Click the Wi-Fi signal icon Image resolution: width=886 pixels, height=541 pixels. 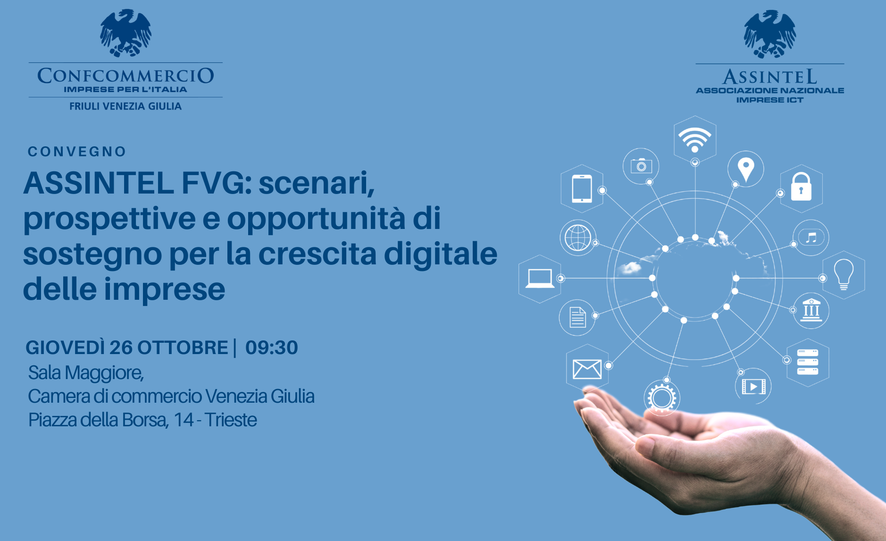[694, 139]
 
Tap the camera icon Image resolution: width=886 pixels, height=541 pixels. [641, 166]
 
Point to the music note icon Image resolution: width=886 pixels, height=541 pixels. [811, 237]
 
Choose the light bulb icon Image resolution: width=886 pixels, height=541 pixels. [844, 274]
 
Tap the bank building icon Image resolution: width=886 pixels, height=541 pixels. [811, 310]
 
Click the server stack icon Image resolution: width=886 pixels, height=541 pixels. [807, 362]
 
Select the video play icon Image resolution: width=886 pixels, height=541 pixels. [753, 387]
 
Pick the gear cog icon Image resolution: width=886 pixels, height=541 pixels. [661, 397]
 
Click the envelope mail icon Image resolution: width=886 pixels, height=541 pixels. [587, 369]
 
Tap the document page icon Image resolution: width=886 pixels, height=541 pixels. [577, 317]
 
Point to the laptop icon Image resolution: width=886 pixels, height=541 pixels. [540, 278]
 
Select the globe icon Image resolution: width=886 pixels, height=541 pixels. [578, 237]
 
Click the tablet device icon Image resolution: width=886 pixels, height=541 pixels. [582, 189]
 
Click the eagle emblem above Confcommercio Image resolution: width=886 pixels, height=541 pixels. [125, 33]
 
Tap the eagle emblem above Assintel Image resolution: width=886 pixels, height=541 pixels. [769, 34]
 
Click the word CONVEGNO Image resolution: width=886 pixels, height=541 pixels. [77, 152]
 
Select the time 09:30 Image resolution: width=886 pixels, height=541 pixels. [272, 347]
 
